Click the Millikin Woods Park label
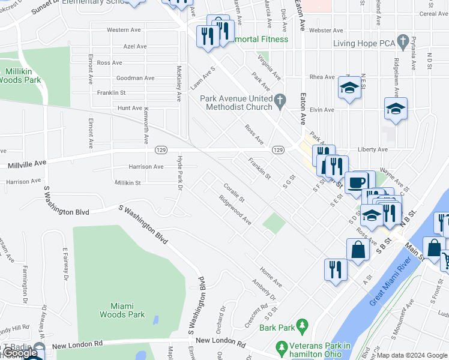click(22, 75)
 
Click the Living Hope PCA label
click(365, 44)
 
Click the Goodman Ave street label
click(135, 78)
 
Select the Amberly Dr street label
click(264, 290)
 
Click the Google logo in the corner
click(20, 353)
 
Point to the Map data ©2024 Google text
click(412, 355)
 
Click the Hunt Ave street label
click(130, 108)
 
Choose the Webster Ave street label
click(326, 30)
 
